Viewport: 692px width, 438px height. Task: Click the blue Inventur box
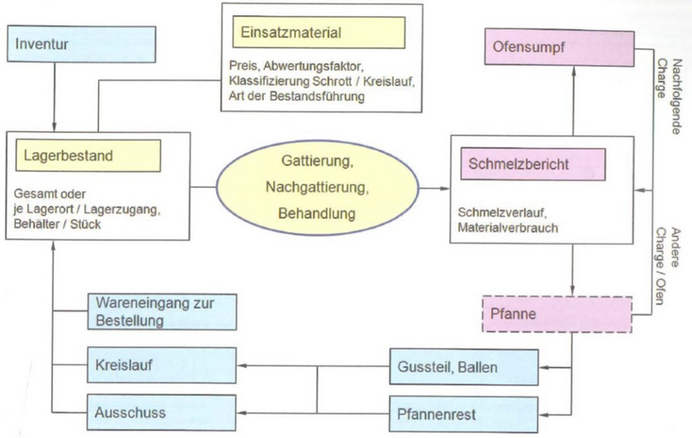tap(81, 44)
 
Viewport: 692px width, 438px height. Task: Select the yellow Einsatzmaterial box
tap(318, 32)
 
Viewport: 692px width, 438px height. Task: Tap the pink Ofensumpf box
tap(559, 48)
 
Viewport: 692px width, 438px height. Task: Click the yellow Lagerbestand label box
tap(88, 156)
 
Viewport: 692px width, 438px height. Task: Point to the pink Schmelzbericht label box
tap(533, 164)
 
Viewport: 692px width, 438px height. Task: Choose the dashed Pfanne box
tap(557, 314)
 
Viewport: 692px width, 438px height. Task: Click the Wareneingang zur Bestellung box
tap(162, 312)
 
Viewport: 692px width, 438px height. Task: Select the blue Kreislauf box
tap(162, 365)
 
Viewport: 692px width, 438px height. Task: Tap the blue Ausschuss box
tap(162, 412)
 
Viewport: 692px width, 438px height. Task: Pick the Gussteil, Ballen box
tap(464, 366)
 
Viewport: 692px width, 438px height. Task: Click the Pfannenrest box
tap(464, 414)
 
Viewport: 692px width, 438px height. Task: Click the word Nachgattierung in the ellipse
tap(317, 187)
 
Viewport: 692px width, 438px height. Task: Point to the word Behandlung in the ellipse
tap(317, 213)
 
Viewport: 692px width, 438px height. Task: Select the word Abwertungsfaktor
tap(313, 67)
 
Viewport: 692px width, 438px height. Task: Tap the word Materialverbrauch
tap(508, 227)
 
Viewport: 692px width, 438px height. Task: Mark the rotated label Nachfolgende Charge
tap(669, 97)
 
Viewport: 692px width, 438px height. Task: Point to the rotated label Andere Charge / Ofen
tap(667, 266)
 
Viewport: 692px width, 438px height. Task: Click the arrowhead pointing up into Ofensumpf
tap(573, 72)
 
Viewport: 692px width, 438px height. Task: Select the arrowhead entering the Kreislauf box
tap(242, 365)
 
